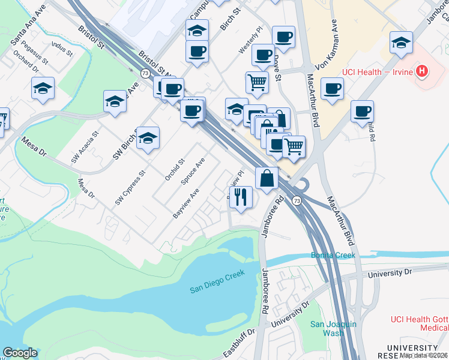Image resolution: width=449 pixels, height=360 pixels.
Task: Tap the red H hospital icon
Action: [x=423, y=71]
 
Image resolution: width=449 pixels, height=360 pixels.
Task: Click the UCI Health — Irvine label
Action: [x=378, y=72]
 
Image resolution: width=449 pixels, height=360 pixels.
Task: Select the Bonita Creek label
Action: [x=333, y=256]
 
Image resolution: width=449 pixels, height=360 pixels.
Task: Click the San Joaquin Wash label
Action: [x=333, y=328]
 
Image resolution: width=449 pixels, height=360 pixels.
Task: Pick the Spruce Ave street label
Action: [x=193, y=170]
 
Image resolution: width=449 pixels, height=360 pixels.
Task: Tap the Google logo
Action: [x=20, y=353]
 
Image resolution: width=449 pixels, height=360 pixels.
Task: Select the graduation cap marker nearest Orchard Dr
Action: [x=43, y=88]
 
